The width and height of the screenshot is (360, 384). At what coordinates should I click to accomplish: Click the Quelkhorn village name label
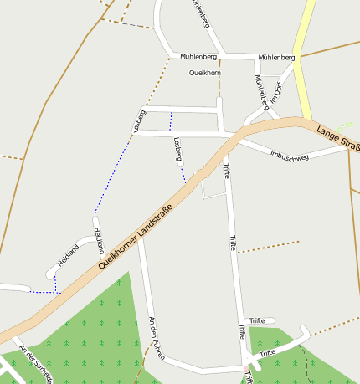point(205,73)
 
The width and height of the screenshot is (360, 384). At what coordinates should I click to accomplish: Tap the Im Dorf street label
point(279,93)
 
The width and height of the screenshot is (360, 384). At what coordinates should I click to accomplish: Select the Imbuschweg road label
point(290,156)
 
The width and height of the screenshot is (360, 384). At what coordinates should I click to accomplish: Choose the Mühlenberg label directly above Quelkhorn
point(198,56)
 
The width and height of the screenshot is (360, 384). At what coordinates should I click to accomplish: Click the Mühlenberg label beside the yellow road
point(276,57)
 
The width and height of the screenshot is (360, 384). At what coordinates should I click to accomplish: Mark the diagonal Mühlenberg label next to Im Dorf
point(260,92)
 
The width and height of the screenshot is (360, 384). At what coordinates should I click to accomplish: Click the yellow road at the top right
point(303,50)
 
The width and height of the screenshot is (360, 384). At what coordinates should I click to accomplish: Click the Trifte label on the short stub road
point(257,320)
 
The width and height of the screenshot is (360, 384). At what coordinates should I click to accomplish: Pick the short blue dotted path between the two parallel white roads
point(171,120)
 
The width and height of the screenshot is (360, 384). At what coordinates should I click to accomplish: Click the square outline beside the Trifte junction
point(213,186)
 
